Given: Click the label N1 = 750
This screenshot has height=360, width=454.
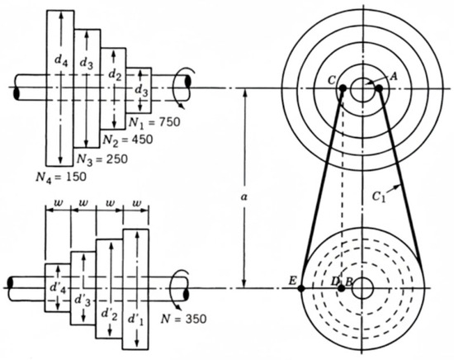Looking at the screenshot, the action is [x=154, y=122].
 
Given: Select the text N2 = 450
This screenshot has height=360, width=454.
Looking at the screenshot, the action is [x=128, y=140].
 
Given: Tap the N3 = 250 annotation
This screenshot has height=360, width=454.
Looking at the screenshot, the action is [x=102, y=159].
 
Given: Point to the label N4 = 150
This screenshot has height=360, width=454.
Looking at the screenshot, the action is [x=61, y=177].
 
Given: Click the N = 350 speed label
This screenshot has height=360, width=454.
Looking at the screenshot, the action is [x=183, y=319].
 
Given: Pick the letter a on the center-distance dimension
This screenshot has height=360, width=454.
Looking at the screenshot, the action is [x=244, y=197].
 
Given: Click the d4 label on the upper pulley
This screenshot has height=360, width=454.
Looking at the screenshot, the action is [x=61, y=61].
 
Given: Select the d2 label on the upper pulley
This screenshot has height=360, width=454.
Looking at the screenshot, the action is [x=115, y=74].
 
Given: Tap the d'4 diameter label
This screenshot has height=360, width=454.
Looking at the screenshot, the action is [x=58, y=288].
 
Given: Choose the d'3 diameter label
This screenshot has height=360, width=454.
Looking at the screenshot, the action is [x=83, y=300].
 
